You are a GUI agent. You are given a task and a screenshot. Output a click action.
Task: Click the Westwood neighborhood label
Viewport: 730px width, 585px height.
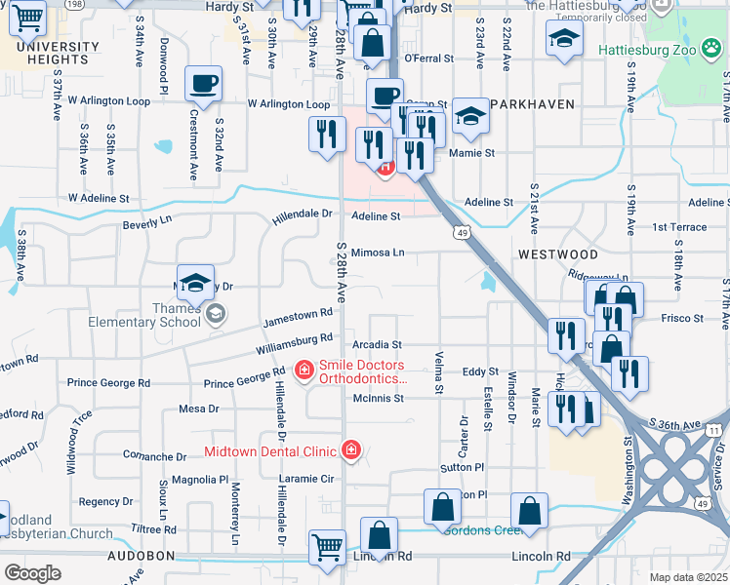click(558, 253)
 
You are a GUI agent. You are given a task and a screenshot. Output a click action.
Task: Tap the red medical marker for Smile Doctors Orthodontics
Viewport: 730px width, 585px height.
click(304, 370)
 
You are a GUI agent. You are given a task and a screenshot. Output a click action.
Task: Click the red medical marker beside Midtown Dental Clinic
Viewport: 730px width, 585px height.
click(350, 450)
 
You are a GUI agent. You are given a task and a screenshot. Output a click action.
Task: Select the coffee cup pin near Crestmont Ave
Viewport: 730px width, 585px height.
click(203, 85)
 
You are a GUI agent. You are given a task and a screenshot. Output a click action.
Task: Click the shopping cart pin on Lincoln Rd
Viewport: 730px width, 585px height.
click(327, 546)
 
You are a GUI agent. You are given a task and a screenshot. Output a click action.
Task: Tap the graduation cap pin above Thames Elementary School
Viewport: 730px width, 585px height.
click(195, 284)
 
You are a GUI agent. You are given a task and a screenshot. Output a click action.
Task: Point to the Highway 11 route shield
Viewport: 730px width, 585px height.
click(714, 430)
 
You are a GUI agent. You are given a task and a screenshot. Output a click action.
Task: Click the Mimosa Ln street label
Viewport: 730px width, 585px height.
click(378, 252)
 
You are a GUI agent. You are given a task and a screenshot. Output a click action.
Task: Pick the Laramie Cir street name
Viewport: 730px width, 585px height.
click(306, 479)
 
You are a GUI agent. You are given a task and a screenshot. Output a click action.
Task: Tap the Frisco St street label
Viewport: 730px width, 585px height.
click(682, 319)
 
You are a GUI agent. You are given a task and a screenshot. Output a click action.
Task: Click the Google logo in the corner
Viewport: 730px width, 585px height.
click(33, 573)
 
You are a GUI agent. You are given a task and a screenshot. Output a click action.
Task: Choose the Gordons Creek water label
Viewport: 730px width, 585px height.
click(481, 529)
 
